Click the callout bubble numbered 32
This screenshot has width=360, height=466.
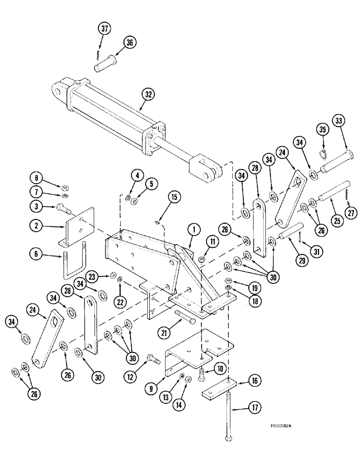coord(148,95)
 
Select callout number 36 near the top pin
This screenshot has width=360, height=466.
coord(130,42)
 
